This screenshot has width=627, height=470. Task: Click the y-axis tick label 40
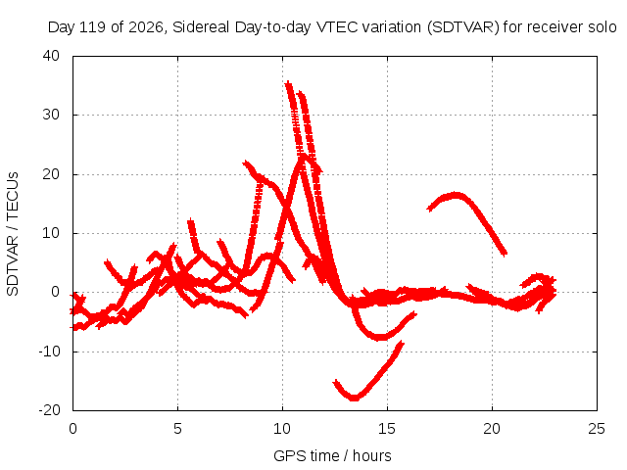coord(51,56)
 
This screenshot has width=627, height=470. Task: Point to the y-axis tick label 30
coord(51,115)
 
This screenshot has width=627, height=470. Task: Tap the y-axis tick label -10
coord(49,352)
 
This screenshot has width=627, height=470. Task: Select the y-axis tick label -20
coord(49,410)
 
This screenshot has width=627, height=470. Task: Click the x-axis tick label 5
coord(177,429)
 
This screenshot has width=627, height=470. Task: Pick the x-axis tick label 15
coord(387,429)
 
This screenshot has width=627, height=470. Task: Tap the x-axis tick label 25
coord(597,429)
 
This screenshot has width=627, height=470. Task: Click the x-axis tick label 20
coord(492,429)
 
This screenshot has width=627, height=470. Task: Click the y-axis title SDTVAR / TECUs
coord(13,234)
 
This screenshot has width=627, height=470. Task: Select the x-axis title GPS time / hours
coord(332,455)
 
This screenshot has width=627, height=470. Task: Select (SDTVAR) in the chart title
coord(463,27)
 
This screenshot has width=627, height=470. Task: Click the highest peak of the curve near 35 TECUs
coord(288,83)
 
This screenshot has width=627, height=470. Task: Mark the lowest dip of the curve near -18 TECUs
coord(354,399)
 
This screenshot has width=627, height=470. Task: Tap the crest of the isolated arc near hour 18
coord(455,196)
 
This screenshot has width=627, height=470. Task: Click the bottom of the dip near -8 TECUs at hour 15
coord(382,337)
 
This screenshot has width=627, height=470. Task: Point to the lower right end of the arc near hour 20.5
coord(505,253)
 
